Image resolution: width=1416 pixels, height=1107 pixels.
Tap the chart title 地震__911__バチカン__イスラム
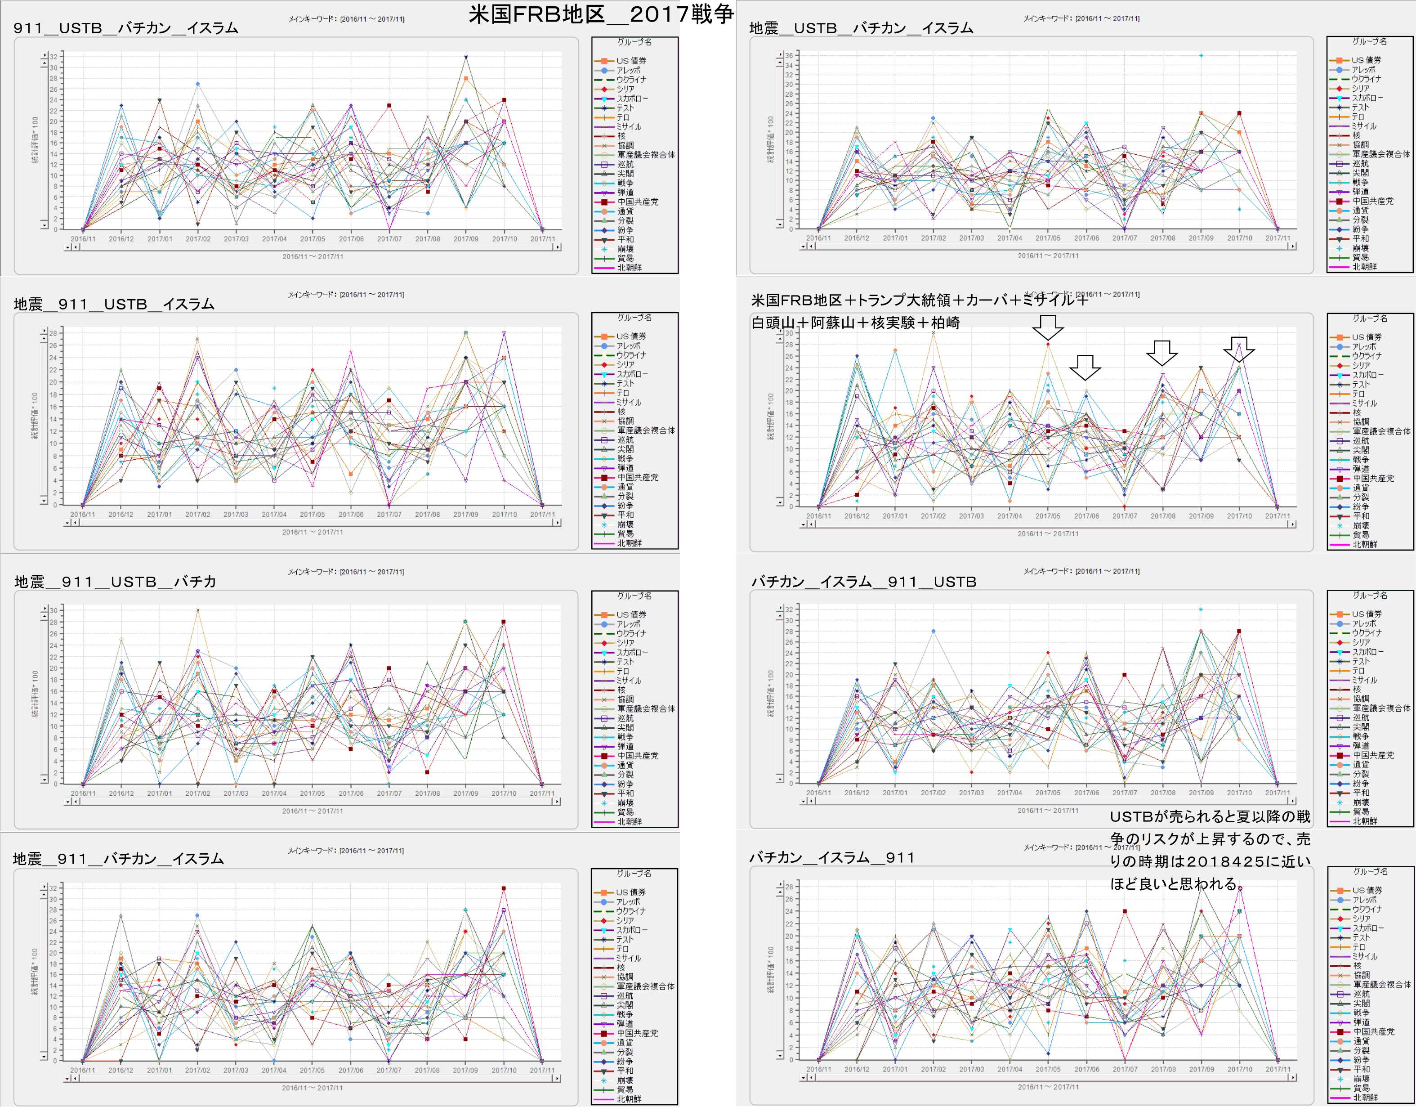pos(118,859)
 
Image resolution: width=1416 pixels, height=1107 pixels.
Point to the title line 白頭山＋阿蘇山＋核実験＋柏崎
pos(855,323)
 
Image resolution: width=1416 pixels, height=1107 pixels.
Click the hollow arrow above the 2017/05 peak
pos(1048,327)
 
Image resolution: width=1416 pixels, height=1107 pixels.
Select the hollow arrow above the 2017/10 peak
pos(1239,349)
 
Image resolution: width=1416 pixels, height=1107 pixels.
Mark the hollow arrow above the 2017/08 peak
pos(1162,352)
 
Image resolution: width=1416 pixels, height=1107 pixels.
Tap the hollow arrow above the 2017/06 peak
pos(1085,367)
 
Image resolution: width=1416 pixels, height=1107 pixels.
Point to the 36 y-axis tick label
pos(788,56)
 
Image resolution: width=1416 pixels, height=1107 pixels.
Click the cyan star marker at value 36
pos(1201,56)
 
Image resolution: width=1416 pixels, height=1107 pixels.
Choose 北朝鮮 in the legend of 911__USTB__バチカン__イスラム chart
pos(629,267)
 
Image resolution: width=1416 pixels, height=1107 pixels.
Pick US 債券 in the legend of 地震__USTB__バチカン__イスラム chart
pos(1366,60)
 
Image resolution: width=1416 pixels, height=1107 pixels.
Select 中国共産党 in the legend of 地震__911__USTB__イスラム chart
pos(637,477)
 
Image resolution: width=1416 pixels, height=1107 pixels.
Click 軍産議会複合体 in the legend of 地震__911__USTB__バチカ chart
pos(646,709)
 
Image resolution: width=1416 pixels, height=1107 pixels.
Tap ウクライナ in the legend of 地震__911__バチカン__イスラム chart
pos(631,911)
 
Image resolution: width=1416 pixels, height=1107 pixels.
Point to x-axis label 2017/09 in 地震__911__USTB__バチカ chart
pos(465,793)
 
